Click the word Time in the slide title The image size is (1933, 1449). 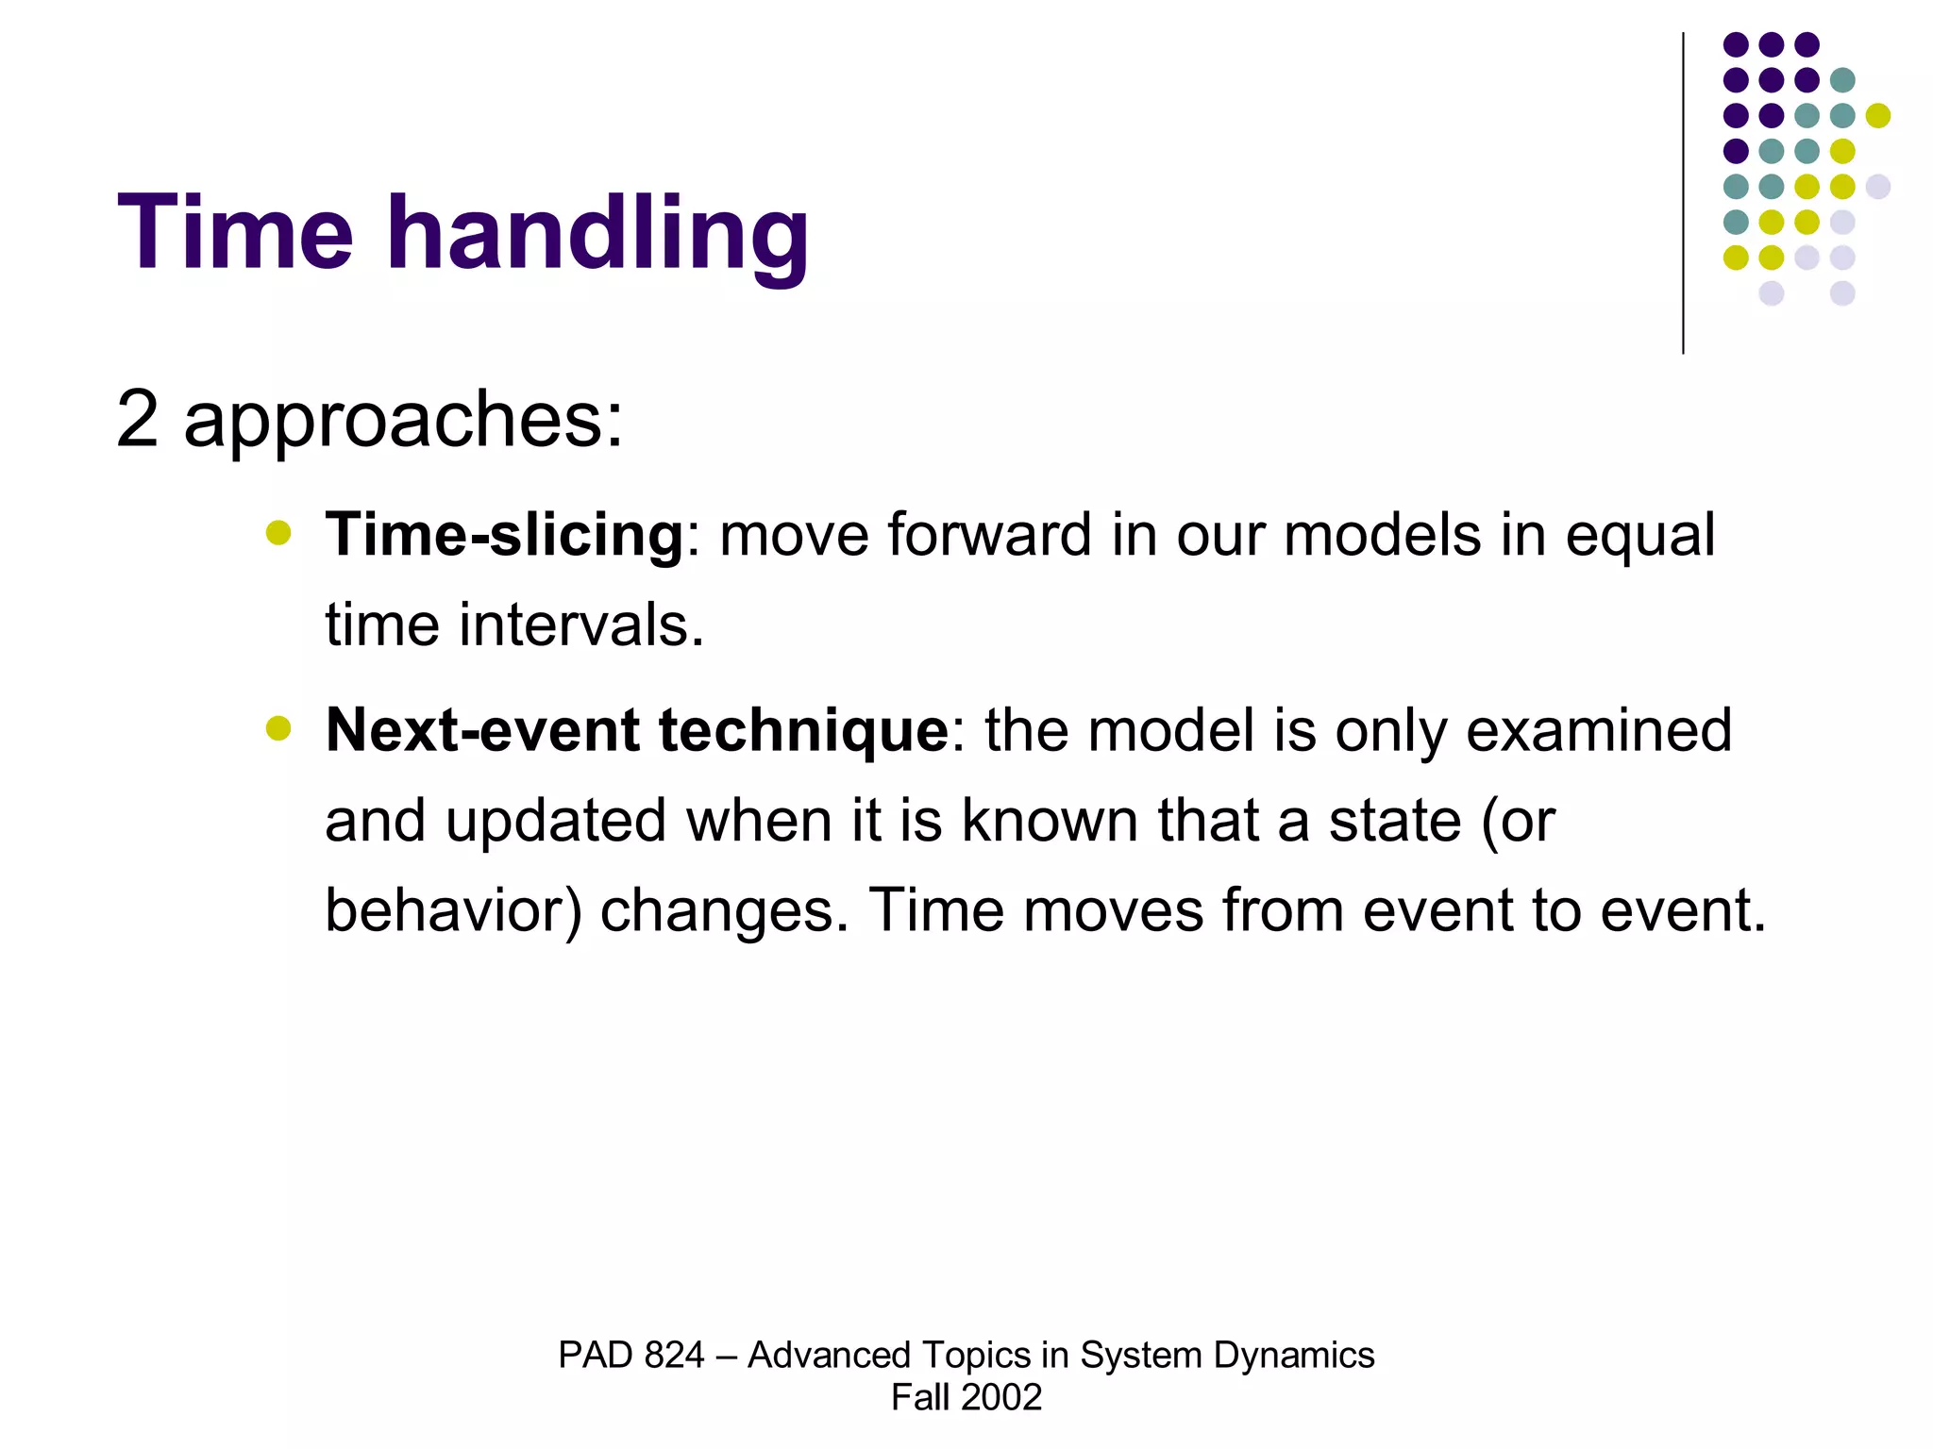235,233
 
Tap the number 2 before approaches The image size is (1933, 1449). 137,419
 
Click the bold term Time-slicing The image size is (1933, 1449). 504,536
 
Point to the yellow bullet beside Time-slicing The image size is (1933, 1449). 278,533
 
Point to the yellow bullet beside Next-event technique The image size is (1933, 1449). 278,728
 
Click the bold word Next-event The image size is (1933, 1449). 481,730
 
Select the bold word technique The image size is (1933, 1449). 802,732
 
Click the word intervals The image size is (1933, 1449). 580,625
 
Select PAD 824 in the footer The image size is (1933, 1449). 630,1356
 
